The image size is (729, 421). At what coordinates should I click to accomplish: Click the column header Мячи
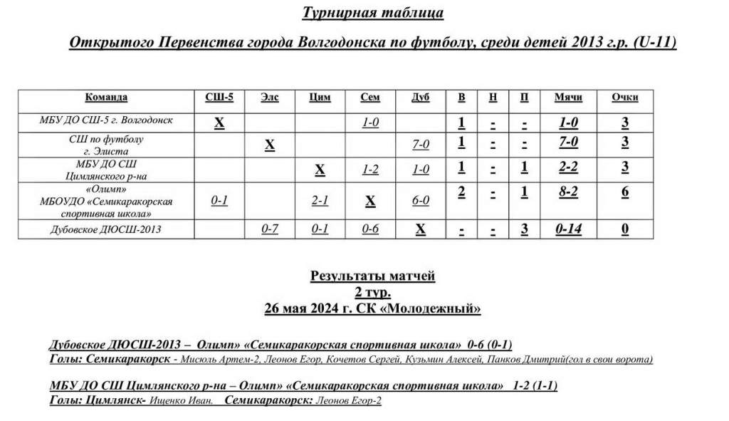pos(568,98)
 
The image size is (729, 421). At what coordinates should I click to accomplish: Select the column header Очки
pos(624,98)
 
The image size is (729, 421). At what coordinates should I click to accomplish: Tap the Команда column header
pos(106,98)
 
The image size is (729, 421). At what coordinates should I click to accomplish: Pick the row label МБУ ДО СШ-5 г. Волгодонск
pos(106,120)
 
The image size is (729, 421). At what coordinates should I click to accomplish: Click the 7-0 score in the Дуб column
pos(421,145)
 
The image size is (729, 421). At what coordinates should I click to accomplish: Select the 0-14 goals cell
pos(568,229)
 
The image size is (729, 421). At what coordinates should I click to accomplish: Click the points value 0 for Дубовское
pos(624,229)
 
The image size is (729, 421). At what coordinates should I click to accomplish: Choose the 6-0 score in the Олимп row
pos(421,201)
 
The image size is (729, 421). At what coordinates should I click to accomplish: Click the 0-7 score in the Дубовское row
pos(269,229)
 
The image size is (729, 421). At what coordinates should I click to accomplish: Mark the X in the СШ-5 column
pos(219,123)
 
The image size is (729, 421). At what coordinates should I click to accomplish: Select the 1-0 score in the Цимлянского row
pos(421,170)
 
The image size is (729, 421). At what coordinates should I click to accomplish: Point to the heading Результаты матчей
pos(372,276)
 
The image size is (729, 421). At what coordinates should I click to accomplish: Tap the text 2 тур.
pos(372,292)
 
